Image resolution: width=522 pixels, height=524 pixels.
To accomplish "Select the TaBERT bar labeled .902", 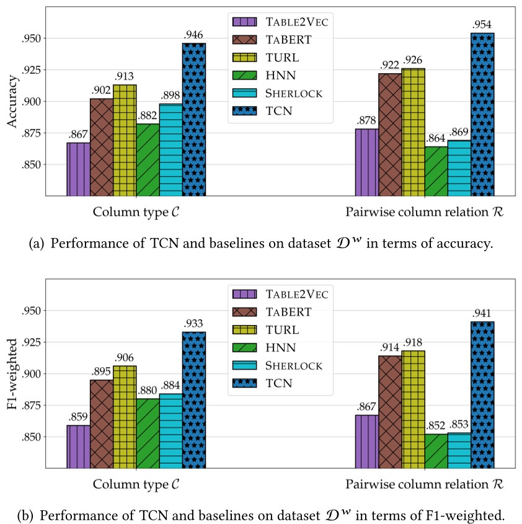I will click(x=101, y=147).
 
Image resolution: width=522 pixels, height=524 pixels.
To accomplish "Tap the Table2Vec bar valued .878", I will click(x=366, y=162).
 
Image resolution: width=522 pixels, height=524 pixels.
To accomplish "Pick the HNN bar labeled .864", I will click(x=436, y=171).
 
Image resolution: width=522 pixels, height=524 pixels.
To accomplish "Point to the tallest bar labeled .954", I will click(x=482, y=115).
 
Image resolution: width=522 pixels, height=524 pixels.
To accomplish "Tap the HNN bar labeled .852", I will click(x=436, y=450).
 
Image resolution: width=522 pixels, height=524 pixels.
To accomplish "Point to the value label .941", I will click(x=483, y=313).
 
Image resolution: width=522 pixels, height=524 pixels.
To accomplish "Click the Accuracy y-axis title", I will click(x=11, y=102).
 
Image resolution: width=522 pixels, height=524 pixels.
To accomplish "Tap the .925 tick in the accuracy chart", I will click(x=33, y=70).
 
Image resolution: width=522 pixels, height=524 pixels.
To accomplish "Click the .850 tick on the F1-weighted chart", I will click(x=33, y=437).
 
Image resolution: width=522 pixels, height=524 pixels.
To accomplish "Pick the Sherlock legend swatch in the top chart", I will click(x=244, y=94).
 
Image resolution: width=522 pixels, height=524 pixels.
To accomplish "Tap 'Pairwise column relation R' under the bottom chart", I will click(x=425, y=484).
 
